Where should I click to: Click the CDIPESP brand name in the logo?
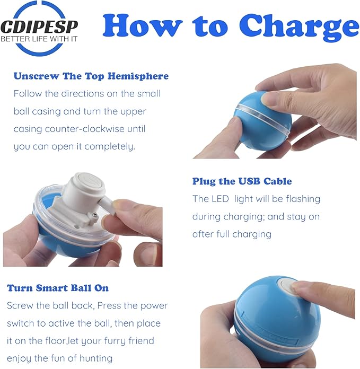coord(39,26)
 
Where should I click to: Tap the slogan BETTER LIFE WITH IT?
coord(39,39)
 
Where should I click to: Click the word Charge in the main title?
coord(299,27)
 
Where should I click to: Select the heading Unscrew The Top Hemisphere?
coord(91,76)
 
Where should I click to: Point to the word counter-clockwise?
coord(84,129)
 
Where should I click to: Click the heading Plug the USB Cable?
coord(242,181)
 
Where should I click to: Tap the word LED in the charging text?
coord(220,199)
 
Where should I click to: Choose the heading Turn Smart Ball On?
coord(58,288)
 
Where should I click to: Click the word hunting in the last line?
coord(96,358)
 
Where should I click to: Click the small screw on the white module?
coord(94,215)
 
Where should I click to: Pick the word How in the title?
coord(143,25)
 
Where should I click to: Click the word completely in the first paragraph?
coord(109,146)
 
